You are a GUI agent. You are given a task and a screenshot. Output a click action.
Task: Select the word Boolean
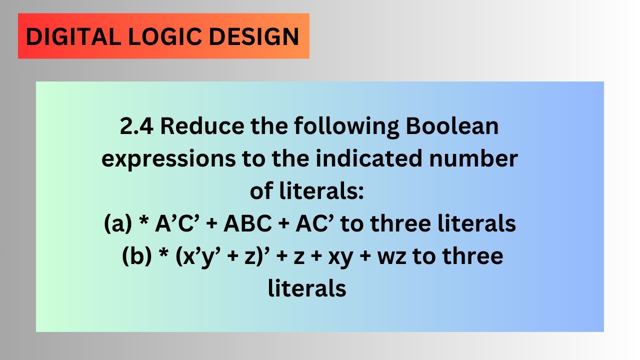pyautogui.click(x=452, y=126)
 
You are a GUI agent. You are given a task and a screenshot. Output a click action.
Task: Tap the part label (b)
pyautogui.click(x=135, y=256)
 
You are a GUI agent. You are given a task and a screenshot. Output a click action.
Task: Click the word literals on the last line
pyautogui.click(x=307, y=288)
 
